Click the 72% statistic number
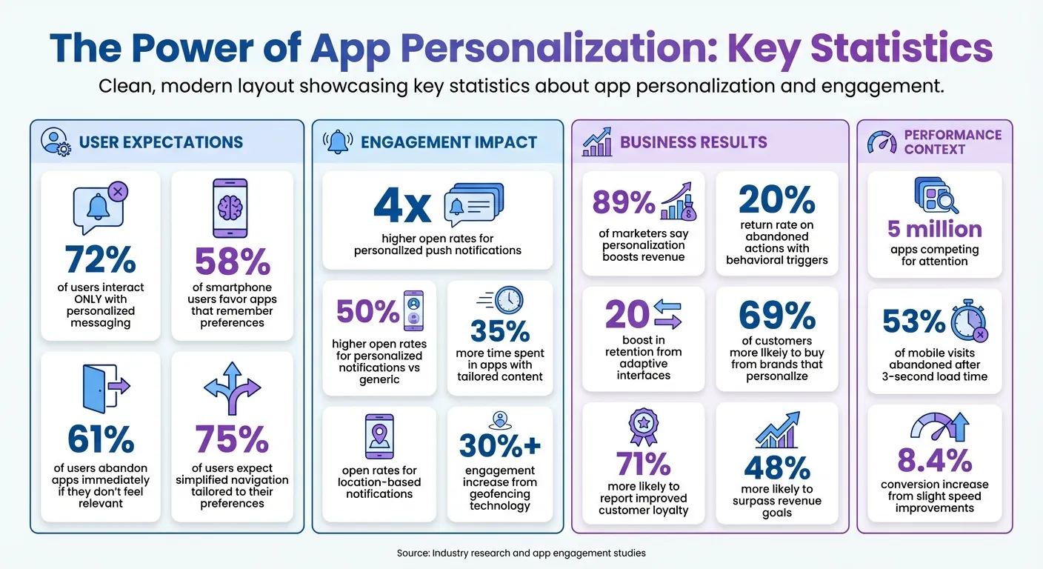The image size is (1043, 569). [x=100, y=260]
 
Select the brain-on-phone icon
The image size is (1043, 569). [x=230, y=208]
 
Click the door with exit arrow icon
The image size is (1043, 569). [x=103, y=386]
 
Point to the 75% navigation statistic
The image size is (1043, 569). [x=232, y=440]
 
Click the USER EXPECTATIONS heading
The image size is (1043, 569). [x=160, y=142]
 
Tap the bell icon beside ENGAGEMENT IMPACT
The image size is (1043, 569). [x=339, y=142]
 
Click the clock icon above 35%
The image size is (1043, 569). [x=507, y=300]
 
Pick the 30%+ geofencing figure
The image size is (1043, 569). [x=500, y=445]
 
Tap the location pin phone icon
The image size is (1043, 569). [x=379, y=436]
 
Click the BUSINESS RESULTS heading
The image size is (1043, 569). [x=693, y=142]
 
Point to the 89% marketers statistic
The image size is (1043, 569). [x=624, y=202]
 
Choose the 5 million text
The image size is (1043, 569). [x=934, y=229]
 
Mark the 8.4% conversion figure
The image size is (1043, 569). [x=934, y=461]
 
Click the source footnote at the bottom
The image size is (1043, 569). [x=521, y=553]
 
